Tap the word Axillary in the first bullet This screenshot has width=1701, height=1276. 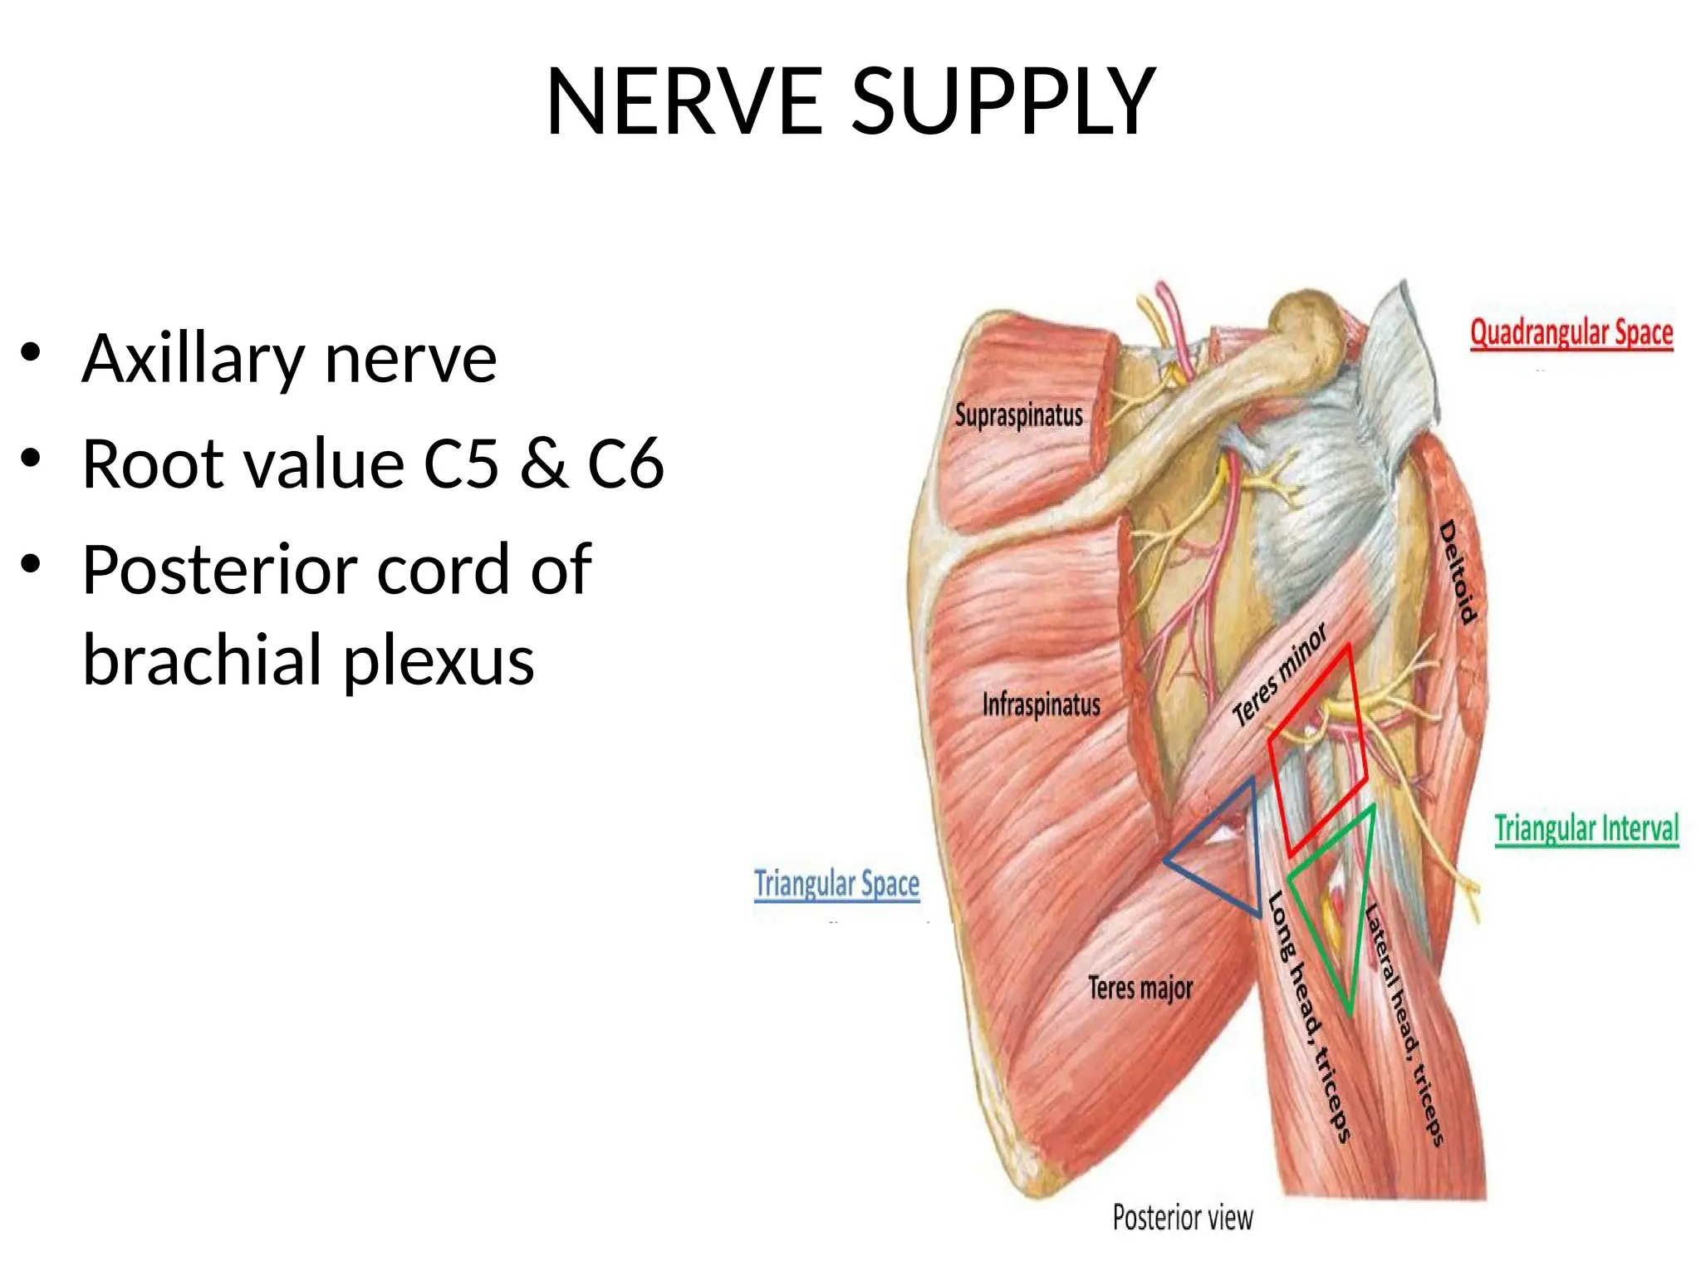(x=194, y=360)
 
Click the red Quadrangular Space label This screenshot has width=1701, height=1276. (x=1571, y=334)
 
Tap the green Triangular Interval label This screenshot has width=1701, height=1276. (x=1586, y=829)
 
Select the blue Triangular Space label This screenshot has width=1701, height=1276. (x=836, y=884)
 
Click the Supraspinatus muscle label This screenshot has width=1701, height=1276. (x=1018, y=415)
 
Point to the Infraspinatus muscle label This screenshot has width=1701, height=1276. (x=1041, y=704)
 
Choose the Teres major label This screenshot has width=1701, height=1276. (x=1140, y=988)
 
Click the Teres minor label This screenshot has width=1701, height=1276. (x=1279, y=675)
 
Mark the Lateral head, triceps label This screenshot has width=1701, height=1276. (x=1404, y=1025)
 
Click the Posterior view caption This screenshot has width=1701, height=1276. (x=1183, y=1218)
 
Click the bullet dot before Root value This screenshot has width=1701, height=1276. (x=31, y=459)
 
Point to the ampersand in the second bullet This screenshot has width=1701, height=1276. (x=543, y=464)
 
